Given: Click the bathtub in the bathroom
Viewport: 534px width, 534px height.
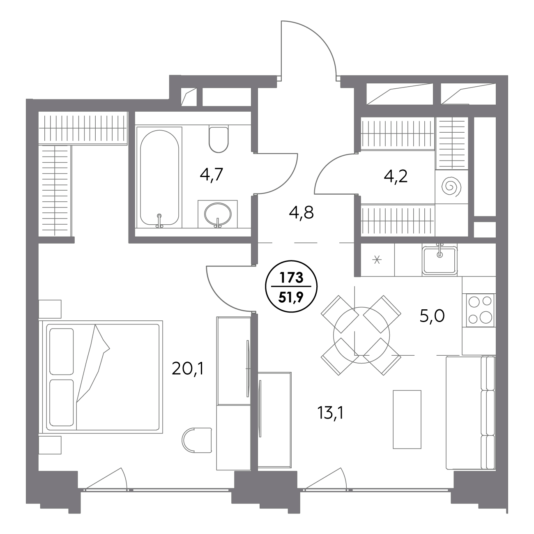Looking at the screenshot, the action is click(x=159, y=177).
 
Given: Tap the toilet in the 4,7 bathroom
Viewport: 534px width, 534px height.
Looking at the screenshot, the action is click(x=219, y=140).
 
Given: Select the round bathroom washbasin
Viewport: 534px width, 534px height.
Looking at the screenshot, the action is click(x=218, y=214).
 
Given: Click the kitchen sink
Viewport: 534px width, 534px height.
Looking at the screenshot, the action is click(x=440, y=260).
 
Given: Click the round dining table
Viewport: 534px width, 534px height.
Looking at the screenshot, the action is click(x=361, y=335).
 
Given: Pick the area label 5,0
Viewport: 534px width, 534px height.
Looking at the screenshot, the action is click(x=432, y=316).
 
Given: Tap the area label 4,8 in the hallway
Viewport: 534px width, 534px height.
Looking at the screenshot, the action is click(x=301, y=213).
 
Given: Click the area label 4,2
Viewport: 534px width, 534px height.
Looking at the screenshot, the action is click(x=396, y=176).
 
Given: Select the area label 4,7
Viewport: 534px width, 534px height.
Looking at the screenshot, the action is click(x=212, y=175).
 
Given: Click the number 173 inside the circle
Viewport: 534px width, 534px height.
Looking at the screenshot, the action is click(x=292, y=278).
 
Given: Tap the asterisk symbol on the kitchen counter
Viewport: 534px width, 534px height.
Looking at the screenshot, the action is click(x=377, y=260).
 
